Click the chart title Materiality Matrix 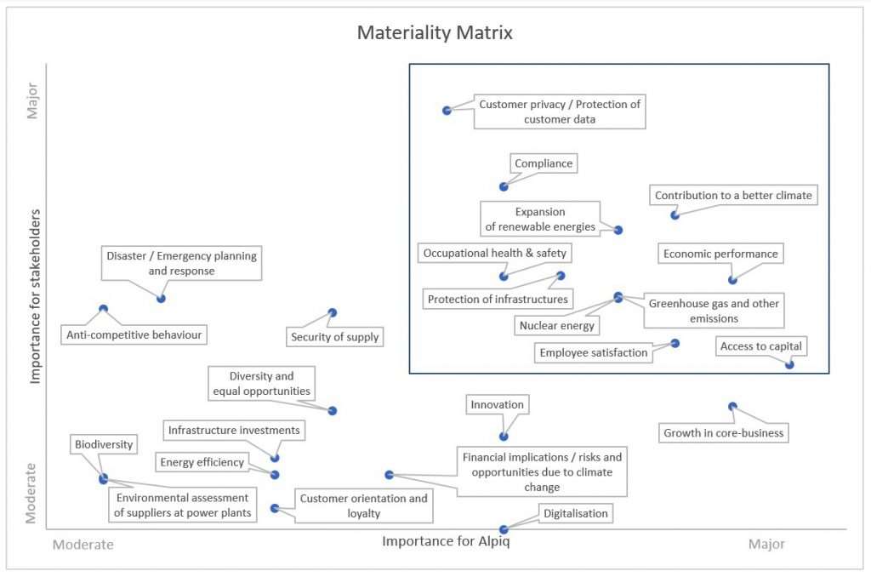pyautogui.click(x=435, y=33)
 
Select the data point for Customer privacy pyautogui.click(x=447, y=111)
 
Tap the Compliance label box pyautogui.click(x=544, y=163)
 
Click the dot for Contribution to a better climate pyautogui.click(x=675, y=214)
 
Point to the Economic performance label pyautogui.click(x=720, y=254)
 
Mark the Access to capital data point pyautogui.click(x=789, y=364)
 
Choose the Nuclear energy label pyautogui.click(x=557, y=325)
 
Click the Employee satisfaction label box pyautogui.click(x=594, y=352)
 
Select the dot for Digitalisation pyautogui.click(x=504, y=529)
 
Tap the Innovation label pyautogui.click(x=498, y=404)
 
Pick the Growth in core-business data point pyautogui.click(x=732, y=407)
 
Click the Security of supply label pyautogui.click(x=334, y=337)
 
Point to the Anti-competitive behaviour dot pyautogui.click(x=104, y=309)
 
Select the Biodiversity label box pyautogui.click(x=104, y=444)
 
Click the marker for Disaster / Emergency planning pyautogui.click(x=161, y=298)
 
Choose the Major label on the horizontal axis pyautogui.click(x=766, y=544)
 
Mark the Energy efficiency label pyautogui.click(x=202, y=462)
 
